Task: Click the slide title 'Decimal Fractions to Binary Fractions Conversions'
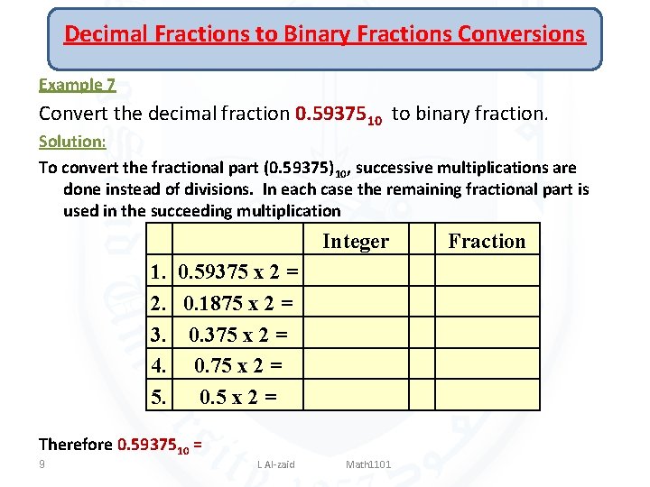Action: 324,34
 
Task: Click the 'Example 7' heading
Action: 77,85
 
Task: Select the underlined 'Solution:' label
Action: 72,142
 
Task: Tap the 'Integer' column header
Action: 356,241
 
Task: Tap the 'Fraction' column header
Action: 487,241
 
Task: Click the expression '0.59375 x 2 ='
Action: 238,271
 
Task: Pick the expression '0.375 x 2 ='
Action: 238,335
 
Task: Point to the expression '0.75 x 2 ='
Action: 238,365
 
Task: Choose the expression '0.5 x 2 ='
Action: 238,397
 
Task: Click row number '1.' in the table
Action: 159,271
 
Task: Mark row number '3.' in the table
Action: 159,335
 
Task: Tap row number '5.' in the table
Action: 159,397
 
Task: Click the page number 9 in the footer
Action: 42,464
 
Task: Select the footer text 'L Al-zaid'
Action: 276,464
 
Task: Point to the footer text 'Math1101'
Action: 368,464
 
